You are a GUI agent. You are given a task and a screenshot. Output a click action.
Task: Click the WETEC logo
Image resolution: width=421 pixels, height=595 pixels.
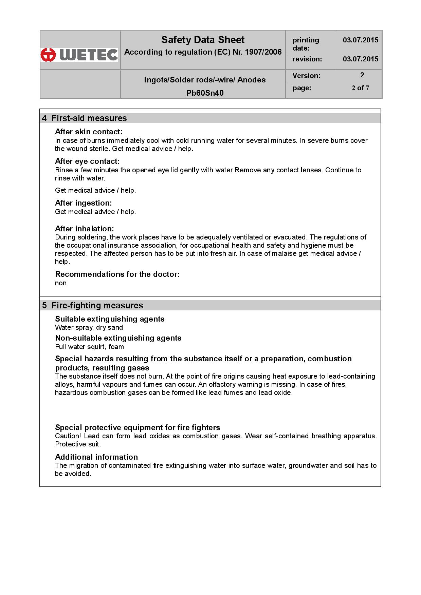click(79, 55)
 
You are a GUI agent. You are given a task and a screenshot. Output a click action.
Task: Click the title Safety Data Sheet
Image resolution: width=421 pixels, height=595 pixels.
click(203, 40)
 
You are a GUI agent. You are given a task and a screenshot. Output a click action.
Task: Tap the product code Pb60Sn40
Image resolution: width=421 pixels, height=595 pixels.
click(205, 93)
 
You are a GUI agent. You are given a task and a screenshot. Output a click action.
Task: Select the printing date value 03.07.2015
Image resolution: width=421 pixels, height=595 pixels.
click(360, 40)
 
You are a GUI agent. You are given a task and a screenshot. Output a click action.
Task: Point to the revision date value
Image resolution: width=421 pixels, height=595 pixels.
click(360, 59)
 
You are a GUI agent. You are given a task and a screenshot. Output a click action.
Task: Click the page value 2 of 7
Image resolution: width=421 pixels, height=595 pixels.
click(360, 88)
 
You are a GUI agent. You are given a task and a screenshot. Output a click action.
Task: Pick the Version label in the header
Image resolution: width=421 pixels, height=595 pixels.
click(306, 76)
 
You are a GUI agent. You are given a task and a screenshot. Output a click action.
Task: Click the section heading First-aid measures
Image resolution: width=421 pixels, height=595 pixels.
click(89, 118)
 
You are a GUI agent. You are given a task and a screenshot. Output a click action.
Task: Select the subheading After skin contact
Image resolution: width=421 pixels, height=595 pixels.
click(89, 132)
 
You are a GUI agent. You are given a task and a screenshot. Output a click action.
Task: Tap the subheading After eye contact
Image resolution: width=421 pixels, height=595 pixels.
click(87, 161)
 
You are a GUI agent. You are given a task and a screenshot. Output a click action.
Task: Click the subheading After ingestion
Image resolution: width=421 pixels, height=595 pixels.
click(83, 203)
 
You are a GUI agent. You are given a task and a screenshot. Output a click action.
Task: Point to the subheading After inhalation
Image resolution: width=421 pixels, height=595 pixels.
click(84, 229)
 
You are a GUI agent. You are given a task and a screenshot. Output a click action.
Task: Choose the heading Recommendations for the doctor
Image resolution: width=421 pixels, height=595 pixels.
click(117, 274)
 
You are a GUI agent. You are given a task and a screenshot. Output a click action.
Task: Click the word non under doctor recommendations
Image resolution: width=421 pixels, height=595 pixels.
click(61, 283)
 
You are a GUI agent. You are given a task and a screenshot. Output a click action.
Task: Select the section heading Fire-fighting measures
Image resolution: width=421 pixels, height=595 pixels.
click(97, 306)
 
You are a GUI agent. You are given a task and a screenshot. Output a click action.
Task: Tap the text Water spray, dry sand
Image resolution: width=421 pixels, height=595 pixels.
click(89, 327)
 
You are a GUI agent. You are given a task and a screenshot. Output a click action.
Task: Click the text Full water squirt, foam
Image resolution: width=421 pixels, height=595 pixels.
click(89, 347)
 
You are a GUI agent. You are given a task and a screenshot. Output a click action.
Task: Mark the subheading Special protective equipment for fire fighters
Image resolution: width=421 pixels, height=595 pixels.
click(138, 427)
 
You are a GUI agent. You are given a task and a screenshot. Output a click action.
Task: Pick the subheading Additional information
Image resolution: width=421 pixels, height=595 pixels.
click(96, 457)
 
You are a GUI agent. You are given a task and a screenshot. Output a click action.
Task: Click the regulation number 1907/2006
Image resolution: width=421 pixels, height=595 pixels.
click(263, 52)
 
